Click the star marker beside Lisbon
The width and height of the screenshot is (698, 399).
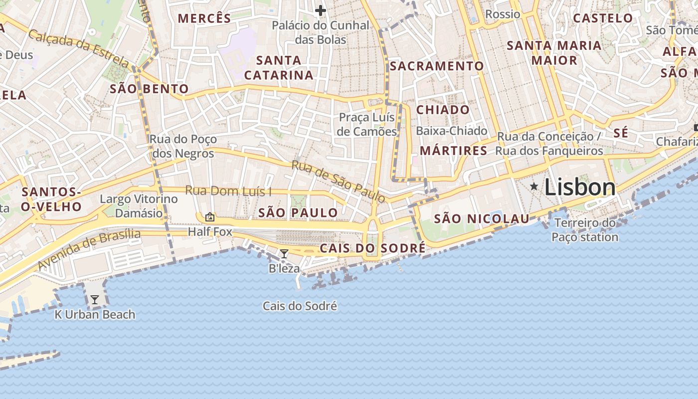click(534, 187)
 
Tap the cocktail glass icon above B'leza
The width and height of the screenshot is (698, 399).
click(284, 254)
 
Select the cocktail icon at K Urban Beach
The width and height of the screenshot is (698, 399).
click(94, 300)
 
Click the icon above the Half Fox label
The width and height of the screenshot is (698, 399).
click(210, 217)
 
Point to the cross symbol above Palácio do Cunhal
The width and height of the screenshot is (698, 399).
click(321, 10)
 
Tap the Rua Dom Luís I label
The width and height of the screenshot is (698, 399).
click(228, 191)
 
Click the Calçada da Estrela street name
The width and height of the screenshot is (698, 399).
click(78, 48)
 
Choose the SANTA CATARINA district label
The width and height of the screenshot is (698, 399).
click(279, 68)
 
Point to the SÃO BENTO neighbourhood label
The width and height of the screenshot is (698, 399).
click(149, 89)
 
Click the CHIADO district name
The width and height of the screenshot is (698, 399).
click(443, 110)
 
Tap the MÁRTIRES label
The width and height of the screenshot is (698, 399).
click(453, 151)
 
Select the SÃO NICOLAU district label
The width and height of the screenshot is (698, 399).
click(481, 218)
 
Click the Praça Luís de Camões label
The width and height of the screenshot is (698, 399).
click(367, 125)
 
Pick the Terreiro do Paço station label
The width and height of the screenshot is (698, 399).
click(585, 230)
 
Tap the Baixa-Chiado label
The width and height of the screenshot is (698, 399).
click(451, 131)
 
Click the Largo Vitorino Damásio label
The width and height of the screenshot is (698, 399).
click(139, 206)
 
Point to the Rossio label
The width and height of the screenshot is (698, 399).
click(502, 14)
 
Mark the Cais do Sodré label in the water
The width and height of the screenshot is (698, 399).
click(300, 306)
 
